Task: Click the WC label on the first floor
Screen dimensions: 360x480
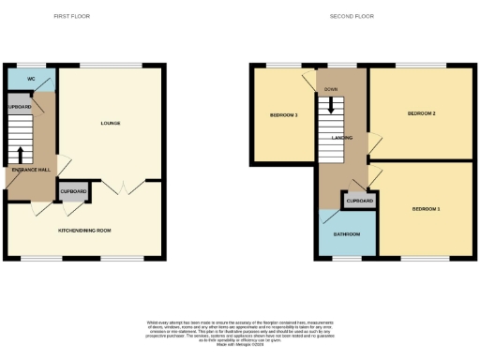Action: [31, 79]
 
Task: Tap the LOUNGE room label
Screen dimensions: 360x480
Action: [111, 124]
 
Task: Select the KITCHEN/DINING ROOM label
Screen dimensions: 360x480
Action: [84, 230]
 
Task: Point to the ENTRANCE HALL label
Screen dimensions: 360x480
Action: [32, 170]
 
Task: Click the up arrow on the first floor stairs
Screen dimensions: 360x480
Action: [20, 153]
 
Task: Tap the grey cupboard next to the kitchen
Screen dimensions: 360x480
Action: [73, 191]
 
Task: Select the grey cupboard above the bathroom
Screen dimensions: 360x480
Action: [360, 201]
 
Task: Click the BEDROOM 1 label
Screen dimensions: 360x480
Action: [426, 208]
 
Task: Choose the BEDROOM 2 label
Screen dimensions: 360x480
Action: [421, 113]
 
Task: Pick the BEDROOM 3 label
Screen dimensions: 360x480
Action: [284, 115]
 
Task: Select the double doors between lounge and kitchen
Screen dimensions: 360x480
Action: [116, 187]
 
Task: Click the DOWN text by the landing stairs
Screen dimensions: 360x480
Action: [331, 89]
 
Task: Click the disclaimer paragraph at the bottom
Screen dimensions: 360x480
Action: [240, 330]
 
